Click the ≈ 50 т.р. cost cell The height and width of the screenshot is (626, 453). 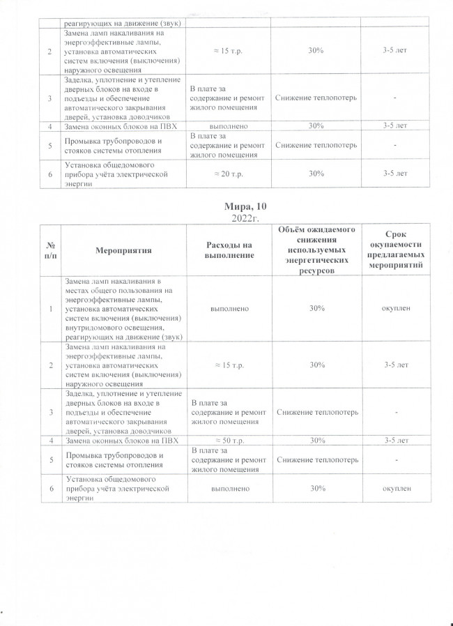[x=226, y=441]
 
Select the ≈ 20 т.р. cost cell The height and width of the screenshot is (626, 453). [x=226, y=173]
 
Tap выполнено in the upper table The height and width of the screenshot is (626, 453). [x=226, y=125]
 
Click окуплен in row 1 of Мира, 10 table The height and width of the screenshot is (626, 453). [x=394, y=307]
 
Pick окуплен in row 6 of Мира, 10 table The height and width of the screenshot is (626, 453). [x=394, y=489]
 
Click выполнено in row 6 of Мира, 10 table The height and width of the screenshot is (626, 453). [x=226, y=489]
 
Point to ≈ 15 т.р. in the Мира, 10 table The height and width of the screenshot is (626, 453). [x=226, y=365]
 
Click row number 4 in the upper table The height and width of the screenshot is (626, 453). [x=50, y=125]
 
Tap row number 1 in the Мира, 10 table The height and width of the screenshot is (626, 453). [x=50, y=307]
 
